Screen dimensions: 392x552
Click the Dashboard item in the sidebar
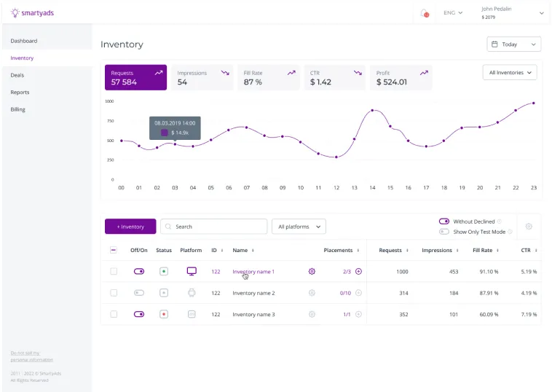(x=24, y=41)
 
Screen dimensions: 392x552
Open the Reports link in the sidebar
(x=20, y=93)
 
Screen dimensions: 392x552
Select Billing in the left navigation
(x=17, y=109)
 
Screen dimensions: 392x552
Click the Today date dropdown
(x=513, y=44)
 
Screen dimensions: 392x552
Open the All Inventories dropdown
(x=509, y=73)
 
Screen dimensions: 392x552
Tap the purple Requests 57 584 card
(x=135, y=78)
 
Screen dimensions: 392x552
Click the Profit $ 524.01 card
(x=401, y=78)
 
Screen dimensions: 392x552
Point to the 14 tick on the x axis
(x=372, y=188)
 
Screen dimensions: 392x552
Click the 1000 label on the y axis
(x=109, y=101)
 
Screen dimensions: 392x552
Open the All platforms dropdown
(x=298, y=227)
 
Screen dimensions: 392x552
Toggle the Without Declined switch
(x=443, y=222)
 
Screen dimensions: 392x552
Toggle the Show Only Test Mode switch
(x=443, y=232)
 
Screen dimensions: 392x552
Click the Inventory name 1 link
(x=253, y=272)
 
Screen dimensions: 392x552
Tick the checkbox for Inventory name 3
(x=114, y=314)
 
